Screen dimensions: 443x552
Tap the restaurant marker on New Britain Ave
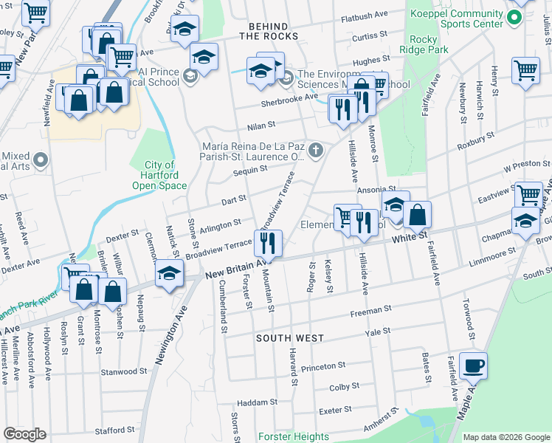tap(267, 243)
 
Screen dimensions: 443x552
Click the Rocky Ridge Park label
tap(428, 44)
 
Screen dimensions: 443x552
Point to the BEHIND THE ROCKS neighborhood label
tap(268, 30)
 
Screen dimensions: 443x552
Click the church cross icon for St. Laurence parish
tap(316, 151)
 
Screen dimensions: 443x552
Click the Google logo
tap(24, 434)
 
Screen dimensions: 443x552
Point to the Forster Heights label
tap(294, 436)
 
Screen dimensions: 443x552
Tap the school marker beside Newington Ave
tap(169, 274)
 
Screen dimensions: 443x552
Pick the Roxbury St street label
tap(475, 140)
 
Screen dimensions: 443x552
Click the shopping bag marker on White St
tap(417, 215)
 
